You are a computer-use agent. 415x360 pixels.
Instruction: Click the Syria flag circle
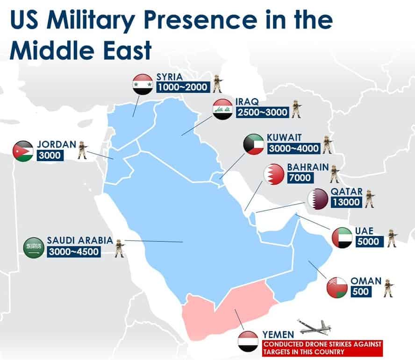(x=143, y=85)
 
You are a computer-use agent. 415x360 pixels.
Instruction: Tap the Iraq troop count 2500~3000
(x=262, y=113)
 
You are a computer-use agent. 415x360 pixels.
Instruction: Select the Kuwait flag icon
(x=254, y=144)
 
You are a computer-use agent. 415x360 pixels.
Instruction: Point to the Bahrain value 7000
(x=300, y=177)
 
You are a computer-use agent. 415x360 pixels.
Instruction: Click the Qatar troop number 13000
(x=346, y=202)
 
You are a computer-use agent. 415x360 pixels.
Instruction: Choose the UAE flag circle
(x=342, y=238)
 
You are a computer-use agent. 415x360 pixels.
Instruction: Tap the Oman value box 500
(x=360, y=291)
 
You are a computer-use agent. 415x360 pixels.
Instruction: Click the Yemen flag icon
(x=248, y=341)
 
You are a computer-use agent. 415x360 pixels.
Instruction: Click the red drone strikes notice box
(x=322, y=348)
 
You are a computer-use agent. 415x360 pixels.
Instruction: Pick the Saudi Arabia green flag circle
(x=34, y=247)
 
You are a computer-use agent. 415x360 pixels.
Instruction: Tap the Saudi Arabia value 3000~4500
(x=73, y=252)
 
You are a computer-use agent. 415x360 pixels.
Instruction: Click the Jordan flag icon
(x=23, y=151)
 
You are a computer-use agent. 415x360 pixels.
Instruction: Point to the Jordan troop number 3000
(x=50, y=155)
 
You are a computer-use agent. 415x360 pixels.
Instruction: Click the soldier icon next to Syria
(x=218, y=83)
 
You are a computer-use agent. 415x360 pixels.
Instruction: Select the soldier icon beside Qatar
(x=370, y=199)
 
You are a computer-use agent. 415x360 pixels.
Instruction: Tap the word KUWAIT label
(x=284, y=138)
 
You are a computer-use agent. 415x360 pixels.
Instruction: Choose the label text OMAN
(x=366, y=281)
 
